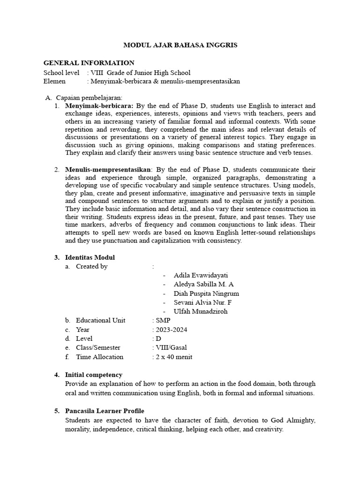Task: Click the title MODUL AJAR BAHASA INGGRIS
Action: [x=180, y=45]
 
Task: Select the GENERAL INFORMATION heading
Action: [x=89, y=63]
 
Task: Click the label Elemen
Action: [x=54, y=81]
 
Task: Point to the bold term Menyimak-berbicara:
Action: [x=99, y=106]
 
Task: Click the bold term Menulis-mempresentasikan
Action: [x=108, y=169]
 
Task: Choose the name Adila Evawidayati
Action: [x=201, y=275]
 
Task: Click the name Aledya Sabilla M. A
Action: [x=203, y=285]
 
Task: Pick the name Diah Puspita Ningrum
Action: [x=206, y=293]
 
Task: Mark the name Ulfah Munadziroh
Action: [x=201, y=311]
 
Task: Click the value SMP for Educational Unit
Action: [x=164, y=320]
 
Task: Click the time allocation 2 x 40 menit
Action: [x=173, y=357]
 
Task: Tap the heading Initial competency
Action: [x=94, y=375]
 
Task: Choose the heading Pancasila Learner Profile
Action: [x=105, y=411]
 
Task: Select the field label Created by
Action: [x=91, y=266]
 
